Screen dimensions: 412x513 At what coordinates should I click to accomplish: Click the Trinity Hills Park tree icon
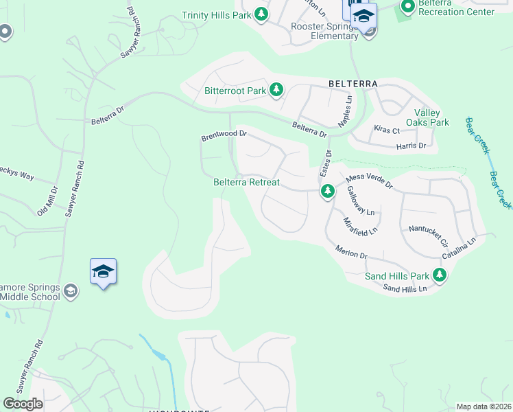click(x=261, y=14)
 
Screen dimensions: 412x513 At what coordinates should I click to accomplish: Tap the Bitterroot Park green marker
click(x=276, y=90)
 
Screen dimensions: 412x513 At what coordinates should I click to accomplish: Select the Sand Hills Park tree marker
click(x=439, y=276)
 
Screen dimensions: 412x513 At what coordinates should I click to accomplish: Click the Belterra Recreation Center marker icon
click(x=407, y=7)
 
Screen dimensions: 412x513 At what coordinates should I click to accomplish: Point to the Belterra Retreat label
click(x=246, y=182)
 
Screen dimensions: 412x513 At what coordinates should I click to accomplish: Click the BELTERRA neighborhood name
click(x=353, y=83)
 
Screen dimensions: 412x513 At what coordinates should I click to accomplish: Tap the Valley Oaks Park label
click(x=431, y=117)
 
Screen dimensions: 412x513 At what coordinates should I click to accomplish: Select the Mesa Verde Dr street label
click(x=369, y=181)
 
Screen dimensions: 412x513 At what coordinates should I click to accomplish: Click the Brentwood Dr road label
click(x=223, y=137)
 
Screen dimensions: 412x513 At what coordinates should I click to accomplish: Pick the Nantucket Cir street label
click(x=427, y=235)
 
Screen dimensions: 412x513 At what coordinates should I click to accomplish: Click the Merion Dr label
click(x=351, y=252)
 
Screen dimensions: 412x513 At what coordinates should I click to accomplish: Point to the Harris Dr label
click(x=411, y=146)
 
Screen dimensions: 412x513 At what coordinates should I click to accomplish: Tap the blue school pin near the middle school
click(x=103, y=272)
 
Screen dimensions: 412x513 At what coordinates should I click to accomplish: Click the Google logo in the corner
click(x=23, y=404)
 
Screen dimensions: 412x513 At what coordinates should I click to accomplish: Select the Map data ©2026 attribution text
click(x=484, y=407)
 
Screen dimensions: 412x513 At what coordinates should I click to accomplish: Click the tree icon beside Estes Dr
click(x=328, y=192)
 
